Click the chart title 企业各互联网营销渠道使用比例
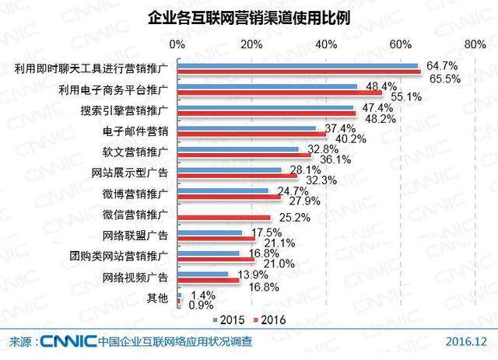pos(248,16)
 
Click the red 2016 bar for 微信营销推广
pos(224,217)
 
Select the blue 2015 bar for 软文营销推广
pos(239,149)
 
